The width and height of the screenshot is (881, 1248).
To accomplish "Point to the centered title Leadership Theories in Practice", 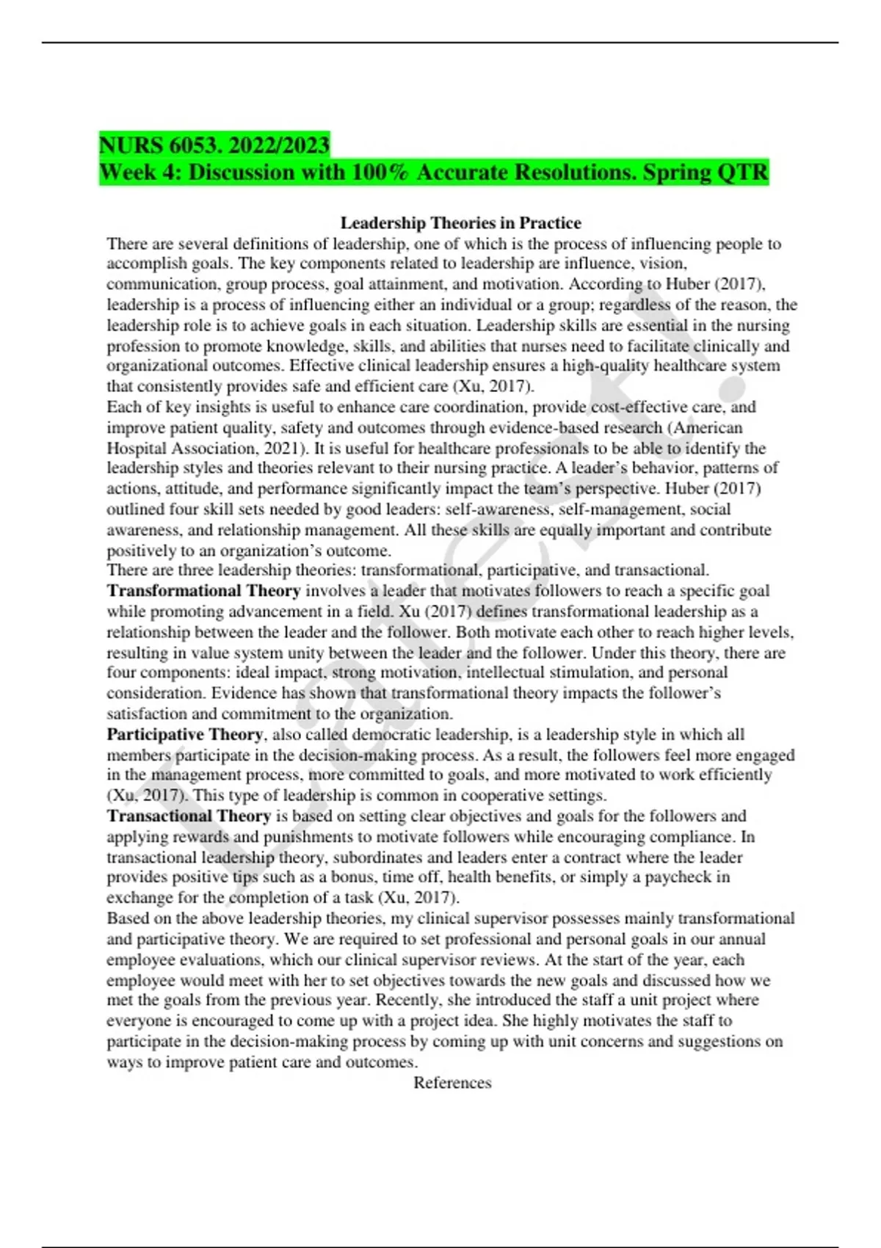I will point(460,222).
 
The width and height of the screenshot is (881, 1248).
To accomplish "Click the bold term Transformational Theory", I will point(203,591).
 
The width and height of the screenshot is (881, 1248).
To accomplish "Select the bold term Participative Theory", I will point(184,734).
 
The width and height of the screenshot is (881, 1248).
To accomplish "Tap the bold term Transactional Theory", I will point(189,816).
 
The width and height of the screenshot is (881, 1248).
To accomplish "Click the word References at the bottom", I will point(452,1083).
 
